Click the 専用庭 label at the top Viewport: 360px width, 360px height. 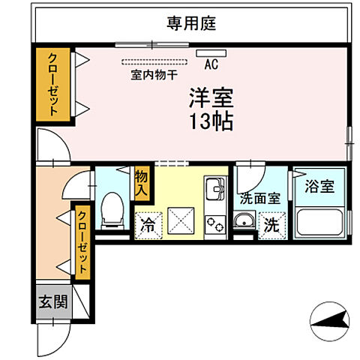[x=190, y=23]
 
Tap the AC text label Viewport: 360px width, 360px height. [x=211, y=65]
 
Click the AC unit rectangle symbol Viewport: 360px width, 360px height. [x=205, y=53]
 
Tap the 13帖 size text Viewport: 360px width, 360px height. [x=210, y=121]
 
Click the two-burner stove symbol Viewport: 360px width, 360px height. [x=215, y=223]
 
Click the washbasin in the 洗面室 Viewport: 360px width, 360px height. [x=244, y=221]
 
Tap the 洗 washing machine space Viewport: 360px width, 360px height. [x=269, y=223]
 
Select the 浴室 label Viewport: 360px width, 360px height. [x=319, y=187]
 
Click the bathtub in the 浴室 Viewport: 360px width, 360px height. [x=319, y=224]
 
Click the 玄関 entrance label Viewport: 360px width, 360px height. [x=53, y=304]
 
